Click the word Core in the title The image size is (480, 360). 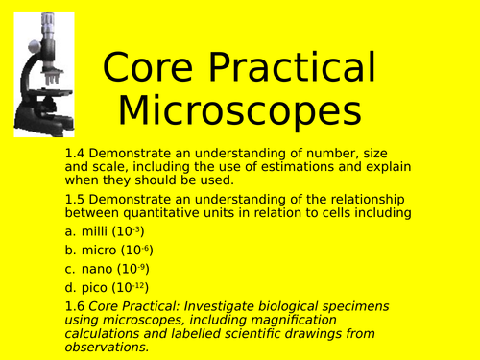155,69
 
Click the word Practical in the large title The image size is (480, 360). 293,69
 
